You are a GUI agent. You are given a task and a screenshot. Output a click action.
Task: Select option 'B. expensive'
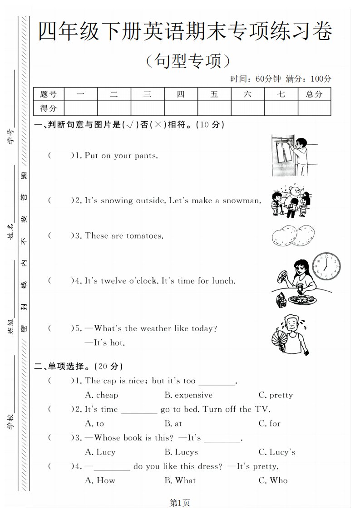tap(188, 395)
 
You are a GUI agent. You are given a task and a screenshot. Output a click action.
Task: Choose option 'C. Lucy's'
tap(277, 452)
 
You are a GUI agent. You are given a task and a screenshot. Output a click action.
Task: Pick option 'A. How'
tap(100, 480)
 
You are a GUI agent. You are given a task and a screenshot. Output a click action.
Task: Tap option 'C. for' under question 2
tap(270, 423)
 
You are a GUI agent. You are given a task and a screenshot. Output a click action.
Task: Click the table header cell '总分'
tap(314, 94)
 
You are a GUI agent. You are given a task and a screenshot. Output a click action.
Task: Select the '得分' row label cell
tap(49, 108)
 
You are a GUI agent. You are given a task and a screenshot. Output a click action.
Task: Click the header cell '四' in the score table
tap(181, 94)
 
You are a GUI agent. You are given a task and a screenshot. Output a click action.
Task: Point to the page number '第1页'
tap(179, 502)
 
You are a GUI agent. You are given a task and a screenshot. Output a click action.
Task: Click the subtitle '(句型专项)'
tap(186, 60)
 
